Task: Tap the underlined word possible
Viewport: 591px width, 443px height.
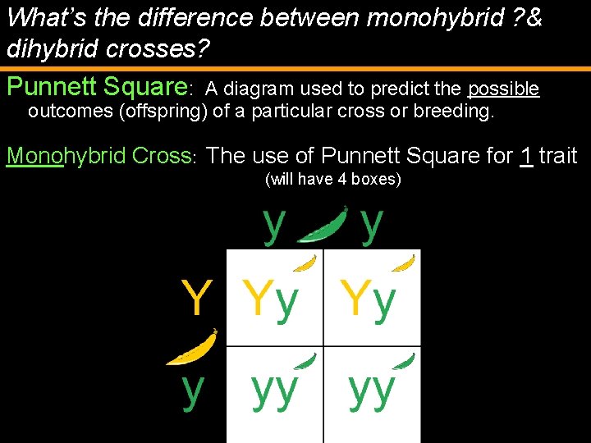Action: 503,89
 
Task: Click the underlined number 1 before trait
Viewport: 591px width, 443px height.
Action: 526,154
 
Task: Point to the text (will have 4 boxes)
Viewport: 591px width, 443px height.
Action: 333,179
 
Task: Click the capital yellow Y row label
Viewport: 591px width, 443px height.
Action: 197,298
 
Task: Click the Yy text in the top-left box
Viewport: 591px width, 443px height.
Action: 270,299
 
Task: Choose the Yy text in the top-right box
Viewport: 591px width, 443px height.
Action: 369,299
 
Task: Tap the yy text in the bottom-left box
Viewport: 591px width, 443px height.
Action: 274,391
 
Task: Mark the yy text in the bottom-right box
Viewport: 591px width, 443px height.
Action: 372,391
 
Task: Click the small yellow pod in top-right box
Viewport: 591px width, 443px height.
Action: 403,263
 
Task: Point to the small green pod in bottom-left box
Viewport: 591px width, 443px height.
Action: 306,360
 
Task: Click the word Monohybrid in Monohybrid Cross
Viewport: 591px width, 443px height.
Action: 56,155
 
